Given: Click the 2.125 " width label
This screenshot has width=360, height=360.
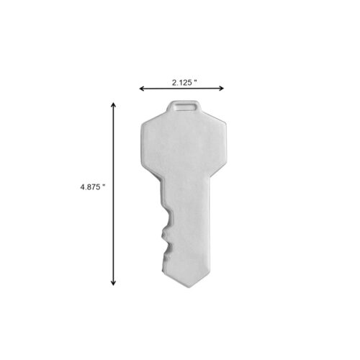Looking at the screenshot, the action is coord(184,83).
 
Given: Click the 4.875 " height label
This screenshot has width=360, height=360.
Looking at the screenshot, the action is coord(93,187).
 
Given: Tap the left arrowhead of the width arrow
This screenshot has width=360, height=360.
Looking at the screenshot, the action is coord(142,89).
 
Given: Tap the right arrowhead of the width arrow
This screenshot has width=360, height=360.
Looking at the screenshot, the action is coord(221,89).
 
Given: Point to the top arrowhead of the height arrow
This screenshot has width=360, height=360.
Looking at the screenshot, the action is coord(113,105).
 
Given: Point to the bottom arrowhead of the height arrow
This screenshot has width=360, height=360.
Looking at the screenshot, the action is coord(113,283).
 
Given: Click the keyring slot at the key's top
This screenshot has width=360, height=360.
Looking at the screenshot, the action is coord(184,107).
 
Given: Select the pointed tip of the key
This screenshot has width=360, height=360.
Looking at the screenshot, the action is coord(189,287).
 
